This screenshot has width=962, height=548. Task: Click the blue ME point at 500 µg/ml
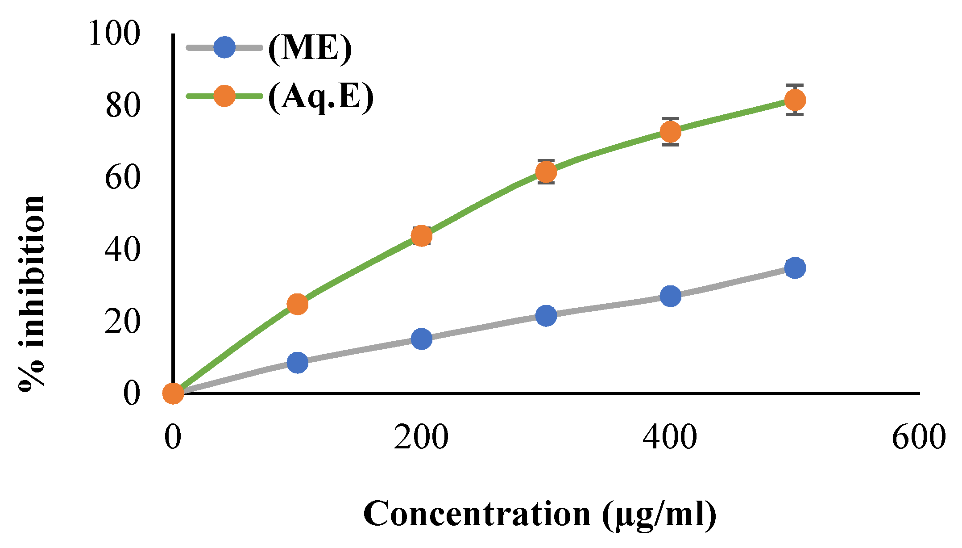coord(795,268)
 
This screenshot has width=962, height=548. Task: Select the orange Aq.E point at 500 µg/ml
coord(795,100)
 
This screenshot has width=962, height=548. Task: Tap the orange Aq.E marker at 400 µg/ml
coord(670,132)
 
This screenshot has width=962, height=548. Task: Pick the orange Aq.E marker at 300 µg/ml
coord(546,172)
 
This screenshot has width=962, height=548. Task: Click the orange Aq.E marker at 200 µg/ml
coord(421,236)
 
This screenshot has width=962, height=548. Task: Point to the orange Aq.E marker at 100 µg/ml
coord(297,304)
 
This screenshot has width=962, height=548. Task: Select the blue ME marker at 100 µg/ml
coord(297,362)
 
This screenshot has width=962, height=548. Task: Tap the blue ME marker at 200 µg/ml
coord(421,339)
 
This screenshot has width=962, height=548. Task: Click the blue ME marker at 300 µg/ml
coord(546,315)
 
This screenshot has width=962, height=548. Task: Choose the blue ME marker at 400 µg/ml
coord(670,296)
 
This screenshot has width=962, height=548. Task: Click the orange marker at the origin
coord(173,393)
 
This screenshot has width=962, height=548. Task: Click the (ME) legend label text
coord(310,48)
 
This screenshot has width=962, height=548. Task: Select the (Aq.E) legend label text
coord(320,97)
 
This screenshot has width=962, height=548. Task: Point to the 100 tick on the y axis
coord(115,33)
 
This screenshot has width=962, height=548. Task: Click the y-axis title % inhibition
coord(32,293)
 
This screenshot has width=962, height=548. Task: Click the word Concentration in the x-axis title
coord(477,514)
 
